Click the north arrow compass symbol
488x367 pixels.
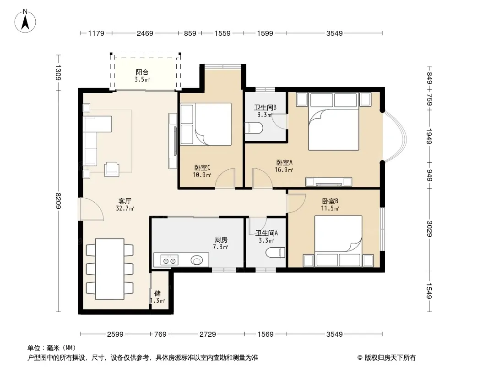coord(25,21)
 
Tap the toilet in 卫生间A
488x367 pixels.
coord(276,252)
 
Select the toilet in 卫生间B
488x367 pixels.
coord(254,128)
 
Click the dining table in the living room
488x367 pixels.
coord(109,269)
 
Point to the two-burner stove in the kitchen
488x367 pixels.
coord(169,260)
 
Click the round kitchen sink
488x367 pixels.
coord(197,260)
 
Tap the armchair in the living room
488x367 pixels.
coord(111,169)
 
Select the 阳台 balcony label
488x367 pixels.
coord(142,72)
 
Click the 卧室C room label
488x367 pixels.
coord(202,168)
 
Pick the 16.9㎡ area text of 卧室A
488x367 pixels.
coord(284,170)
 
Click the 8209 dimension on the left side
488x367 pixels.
coord(58,201)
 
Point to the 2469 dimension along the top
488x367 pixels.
coord(145,33)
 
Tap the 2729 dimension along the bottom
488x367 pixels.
coord(207,334)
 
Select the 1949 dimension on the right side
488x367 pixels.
coord(429,136)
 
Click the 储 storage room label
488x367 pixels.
coord(157,293)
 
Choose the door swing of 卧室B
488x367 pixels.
coord(297,203)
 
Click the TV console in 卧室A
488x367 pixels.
coord(329,182)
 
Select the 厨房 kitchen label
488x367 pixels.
coord(221,240)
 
